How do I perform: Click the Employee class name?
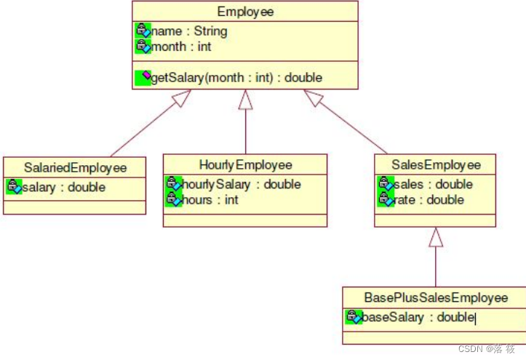[244, 12]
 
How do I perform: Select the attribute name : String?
[189, 31]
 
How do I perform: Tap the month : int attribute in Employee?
[181, 47]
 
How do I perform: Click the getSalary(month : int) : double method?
[236, 77]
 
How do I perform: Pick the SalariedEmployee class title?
[75, 168]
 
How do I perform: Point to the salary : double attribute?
[64, 187]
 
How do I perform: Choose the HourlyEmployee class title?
[245, 165]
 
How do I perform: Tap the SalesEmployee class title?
[435, 165]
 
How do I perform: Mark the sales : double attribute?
[434, 184]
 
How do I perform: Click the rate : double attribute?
[429, 199]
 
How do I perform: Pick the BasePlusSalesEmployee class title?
[435, 298]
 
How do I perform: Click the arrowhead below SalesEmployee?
[435, 236]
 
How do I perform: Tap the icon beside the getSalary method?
[143, 76]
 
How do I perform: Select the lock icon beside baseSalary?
[354, 316]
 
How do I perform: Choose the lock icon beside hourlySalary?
[173, 184]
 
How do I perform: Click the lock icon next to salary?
[14, 187]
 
